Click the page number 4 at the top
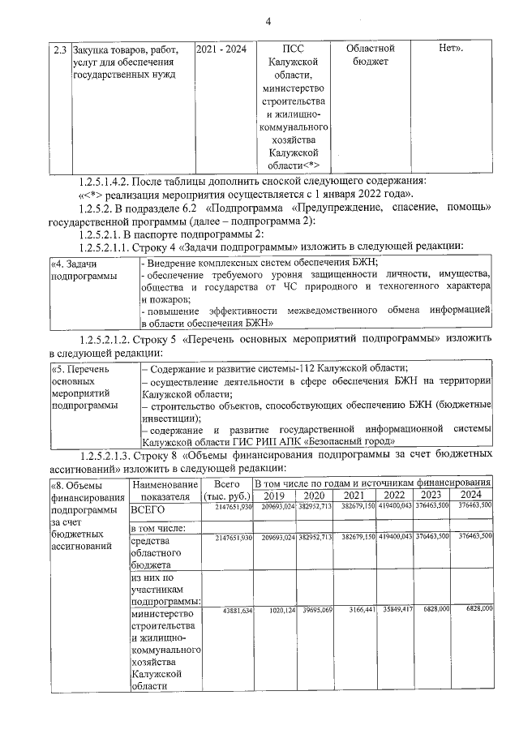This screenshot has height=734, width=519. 267,21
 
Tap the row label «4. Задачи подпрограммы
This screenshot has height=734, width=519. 85,270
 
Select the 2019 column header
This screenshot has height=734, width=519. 274,496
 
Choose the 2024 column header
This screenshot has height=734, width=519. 470,496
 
